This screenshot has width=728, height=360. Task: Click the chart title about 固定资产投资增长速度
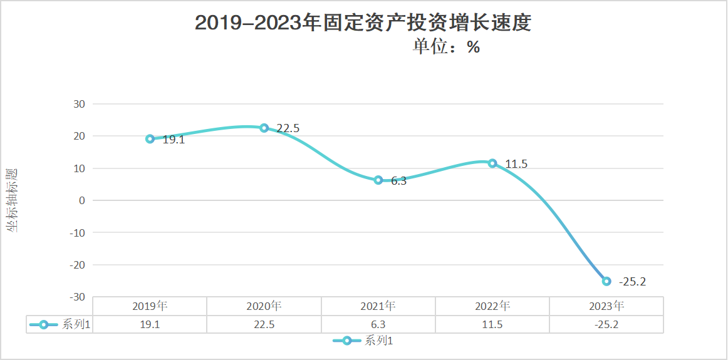363,23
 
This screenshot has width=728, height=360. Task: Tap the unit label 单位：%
446,47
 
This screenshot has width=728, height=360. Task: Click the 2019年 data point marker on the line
150,139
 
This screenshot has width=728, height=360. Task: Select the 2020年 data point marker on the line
264,128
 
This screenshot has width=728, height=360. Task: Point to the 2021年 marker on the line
378,180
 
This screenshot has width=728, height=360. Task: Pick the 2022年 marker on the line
492,163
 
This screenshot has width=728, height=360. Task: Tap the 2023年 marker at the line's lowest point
606,281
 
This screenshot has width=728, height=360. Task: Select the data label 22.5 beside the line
288,128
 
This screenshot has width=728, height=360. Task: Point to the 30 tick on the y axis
80,104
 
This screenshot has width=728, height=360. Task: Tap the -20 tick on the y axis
78,265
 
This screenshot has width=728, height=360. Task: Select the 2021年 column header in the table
378,306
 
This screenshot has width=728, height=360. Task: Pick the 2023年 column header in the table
606,306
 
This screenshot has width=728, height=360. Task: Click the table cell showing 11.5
492,325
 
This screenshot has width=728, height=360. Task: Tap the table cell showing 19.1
150,325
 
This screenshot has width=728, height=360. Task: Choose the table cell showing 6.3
378,325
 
